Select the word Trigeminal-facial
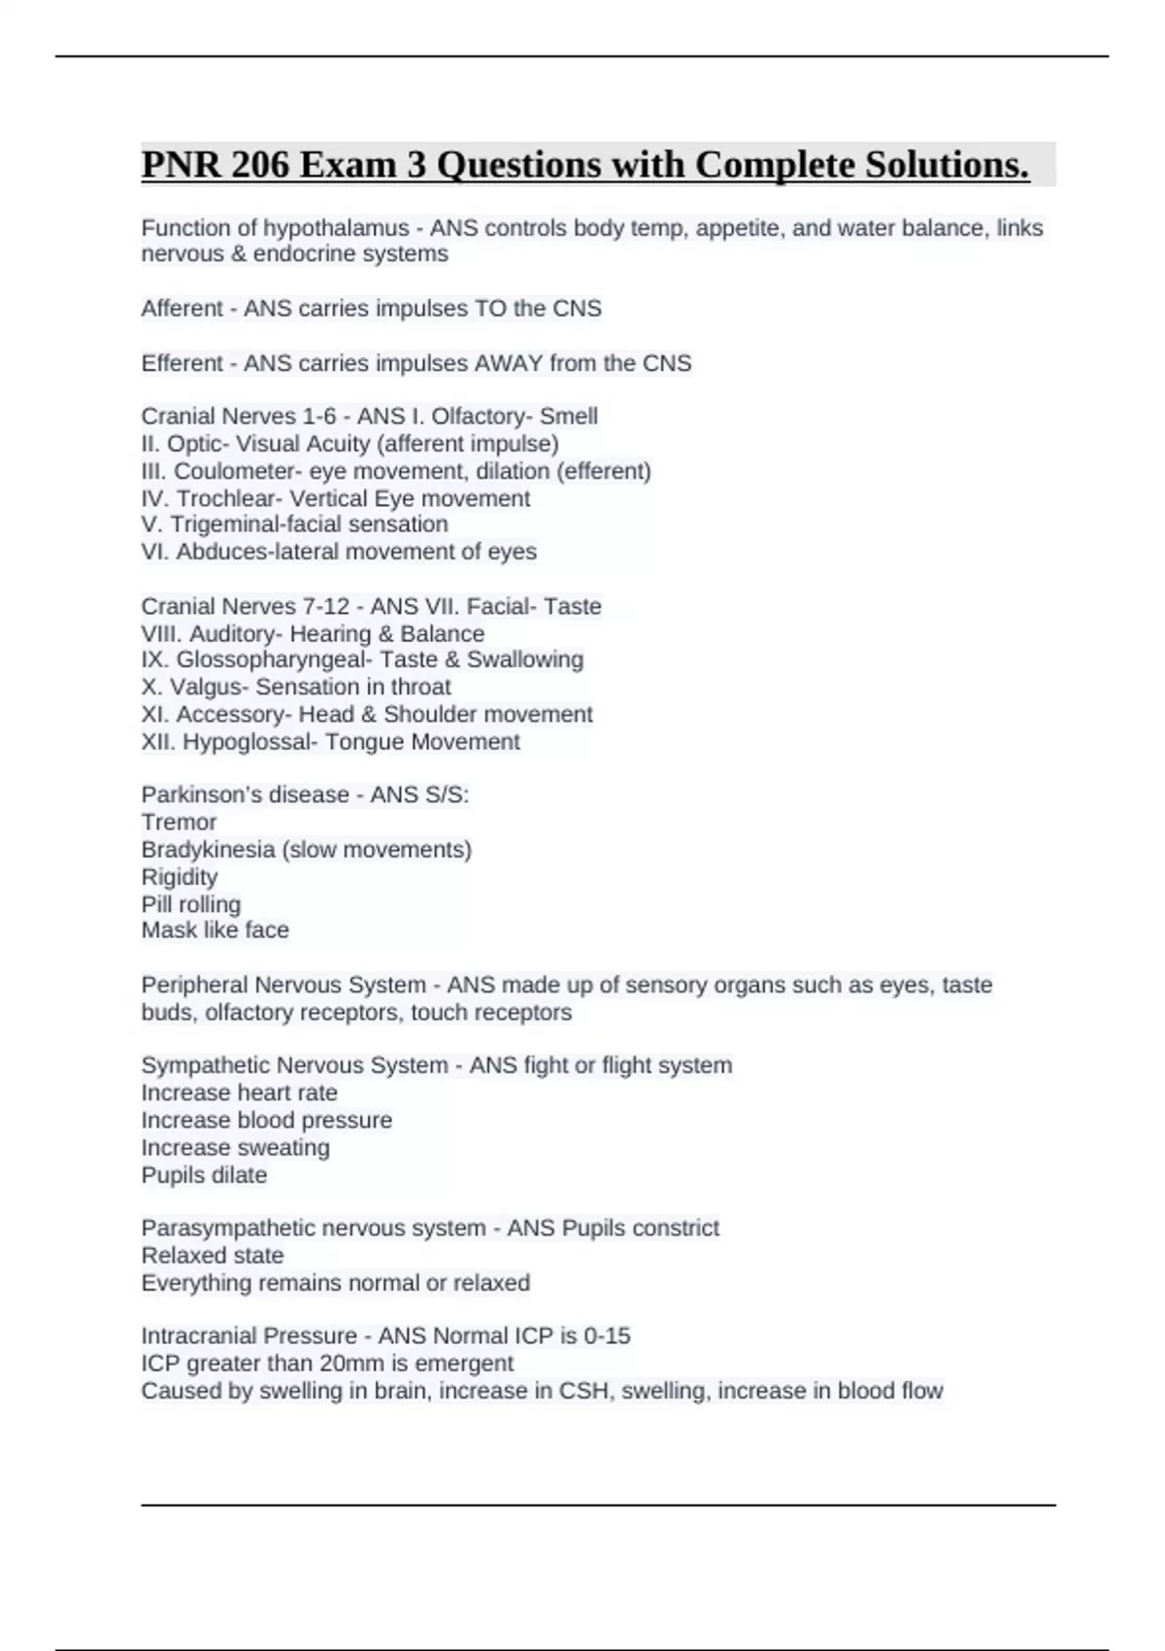(x=269, y=524)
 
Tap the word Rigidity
(x=179, y=877)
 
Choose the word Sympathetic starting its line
(x=206, y=1065)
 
